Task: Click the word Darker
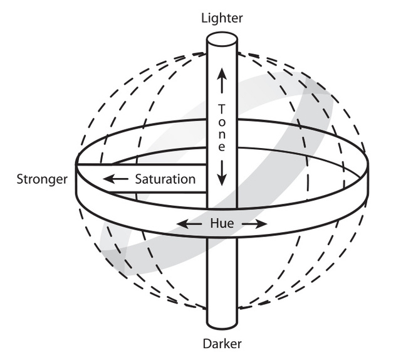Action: [x=222, y=344]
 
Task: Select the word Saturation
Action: [x=165, y=179]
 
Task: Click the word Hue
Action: [x=222, y=223]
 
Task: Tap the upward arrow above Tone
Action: [x=221, y=84]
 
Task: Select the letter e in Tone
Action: [x=221, y=148]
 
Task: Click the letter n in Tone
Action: [x=221, y=134]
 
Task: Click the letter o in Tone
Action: [x=221, y=120]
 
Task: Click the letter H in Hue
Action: [x=214, y=223]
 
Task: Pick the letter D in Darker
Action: [x=206, y=344]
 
